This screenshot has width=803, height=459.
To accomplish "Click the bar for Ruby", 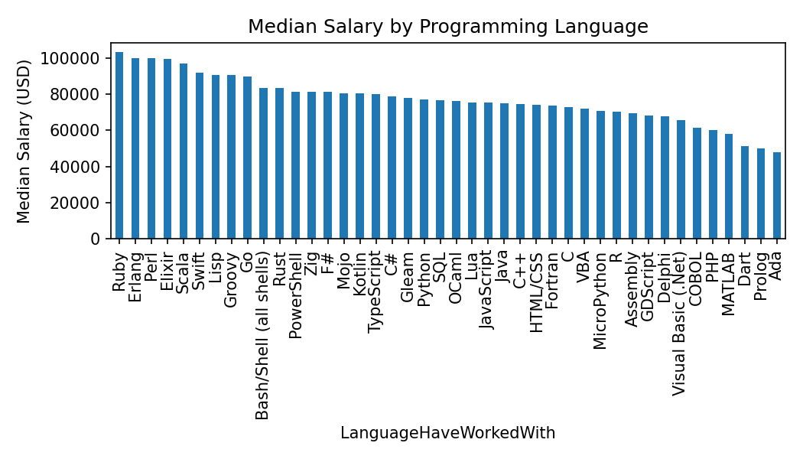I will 119,145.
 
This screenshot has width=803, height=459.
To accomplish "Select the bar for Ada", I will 777,196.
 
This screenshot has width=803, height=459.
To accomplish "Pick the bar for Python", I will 424,169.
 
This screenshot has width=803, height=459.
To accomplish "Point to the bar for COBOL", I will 697,184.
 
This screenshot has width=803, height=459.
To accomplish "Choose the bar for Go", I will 248,158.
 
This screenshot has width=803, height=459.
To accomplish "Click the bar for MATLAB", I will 729,187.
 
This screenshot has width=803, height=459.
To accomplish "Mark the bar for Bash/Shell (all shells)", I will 264,164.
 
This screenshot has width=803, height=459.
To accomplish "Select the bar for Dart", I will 745,193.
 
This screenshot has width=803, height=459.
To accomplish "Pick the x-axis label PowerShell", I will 296,295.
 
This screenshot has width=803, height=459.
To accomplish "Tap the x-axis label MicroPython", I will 600,300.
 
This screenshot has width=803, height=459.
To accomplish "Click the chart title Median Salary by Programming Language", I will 448,27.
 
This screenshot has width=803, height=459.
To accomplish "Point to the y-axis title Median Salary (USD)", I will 24,141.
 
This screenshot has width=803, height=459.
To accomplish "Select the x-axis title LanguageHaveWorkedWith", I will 448,433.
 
